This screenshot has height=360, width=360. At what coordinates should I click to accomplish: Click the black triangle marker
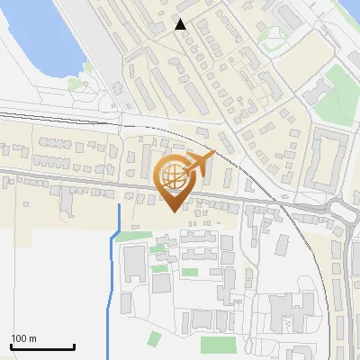click(181, 25)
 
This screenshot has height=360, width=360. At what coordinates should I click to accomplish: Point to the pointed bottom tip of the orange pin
click(174, 211)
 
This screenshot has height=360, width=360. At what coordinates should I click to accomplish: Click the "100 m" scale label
click(23, 338)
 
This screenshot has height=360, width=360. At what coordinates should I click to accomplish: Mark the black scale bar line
click(41, 346)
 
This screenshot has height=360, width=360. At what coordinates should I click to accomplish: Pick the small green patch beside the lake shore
click(75, 84)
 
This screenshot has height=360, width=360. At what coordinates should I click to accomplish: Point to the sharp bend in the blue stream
click(112, 238)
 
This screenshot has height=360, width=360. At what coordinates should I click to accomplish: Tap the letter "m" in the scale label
click(32, 338)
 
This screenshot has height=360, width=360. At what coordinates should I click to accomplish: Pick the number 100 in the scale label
click(18, 338)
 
